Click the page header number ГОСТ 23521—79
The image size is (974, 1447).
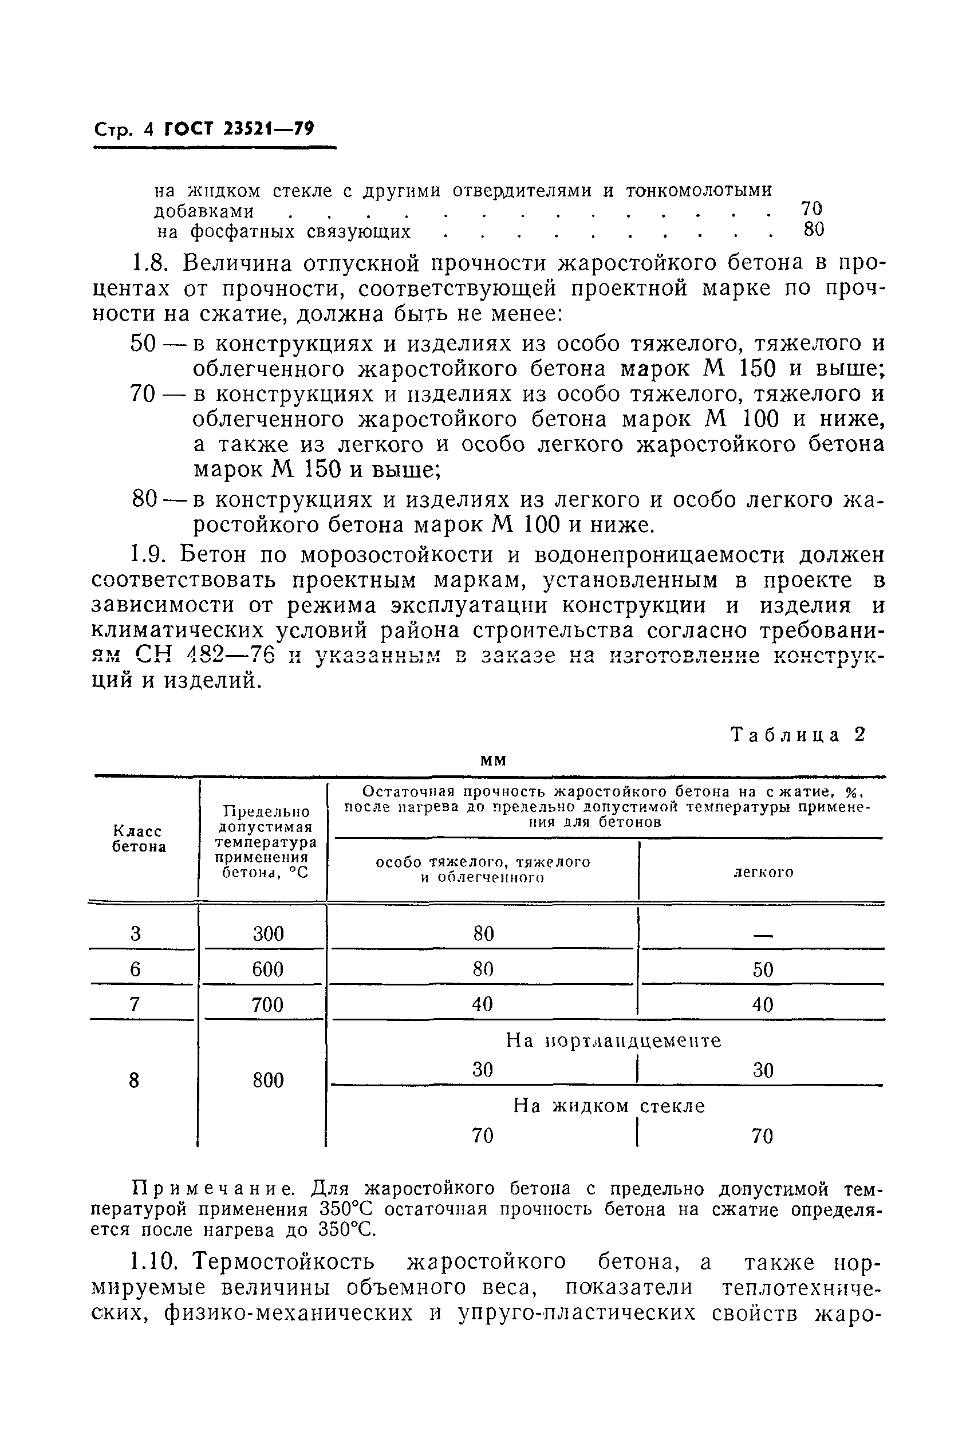(239, 129)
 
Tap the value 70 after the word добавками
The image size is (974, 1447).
(811, 207)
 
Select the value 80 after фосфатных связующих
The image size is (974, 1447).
(814, 230)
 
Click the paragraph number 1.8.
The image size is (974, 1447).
(151, 264)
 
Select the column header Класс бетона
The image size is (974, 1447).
(139, 839)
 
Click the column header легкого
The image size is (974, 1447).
(763, 872)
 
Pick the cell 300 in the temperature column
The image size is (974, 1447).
(268, 933)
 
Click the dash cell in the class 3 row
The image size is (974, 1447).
(763, 935)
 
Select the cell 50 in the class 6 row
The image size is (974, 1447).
(763, 969)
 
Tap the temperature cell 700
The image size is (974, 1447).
(268, 1004)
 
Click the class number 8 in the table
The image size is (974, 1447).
(134, 1081)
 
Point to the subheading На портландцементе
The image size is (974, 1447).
(614, 1040)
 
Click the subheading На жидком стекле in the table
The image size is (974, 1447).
(609, 1106)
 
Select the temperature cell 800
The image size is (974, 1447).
(268, 1081)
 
